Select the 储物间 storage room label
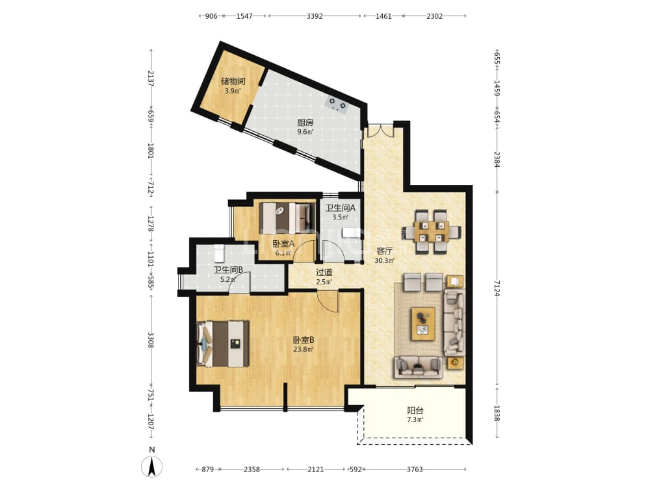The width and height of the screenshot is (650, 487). point(233,81)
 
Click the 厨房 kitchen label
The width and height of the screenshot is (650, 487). point(305,123)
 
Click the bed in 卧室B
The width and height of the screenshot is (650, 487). point(222,343)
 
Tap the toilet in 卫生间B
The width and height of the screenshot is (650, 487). point(219,253)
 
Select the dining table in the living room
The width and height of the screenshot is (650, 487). point(431,232)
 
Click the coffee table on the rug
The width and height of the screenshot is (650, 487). point(423,324)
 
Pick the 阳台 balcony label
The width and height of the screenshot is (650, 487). point(415,410)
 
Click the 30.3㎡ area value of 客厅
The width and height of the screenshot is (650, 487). point(385,260)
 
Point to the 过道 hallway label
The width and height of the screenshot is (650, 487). point(324,272)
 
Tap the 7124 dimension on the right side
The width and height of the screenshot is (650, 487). point(497,288)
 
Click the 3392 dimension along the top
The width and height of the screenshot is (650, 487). point(315,16)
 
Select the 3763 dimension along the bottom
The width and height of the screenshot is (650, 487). point(415,469)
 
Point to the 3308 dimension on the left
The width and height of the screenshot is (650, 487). point(151,340)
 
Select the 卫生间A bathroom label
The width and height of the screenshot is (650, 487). point(341,208)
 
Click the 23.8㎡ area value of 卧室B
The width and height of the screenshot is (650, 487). point(304,349)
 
